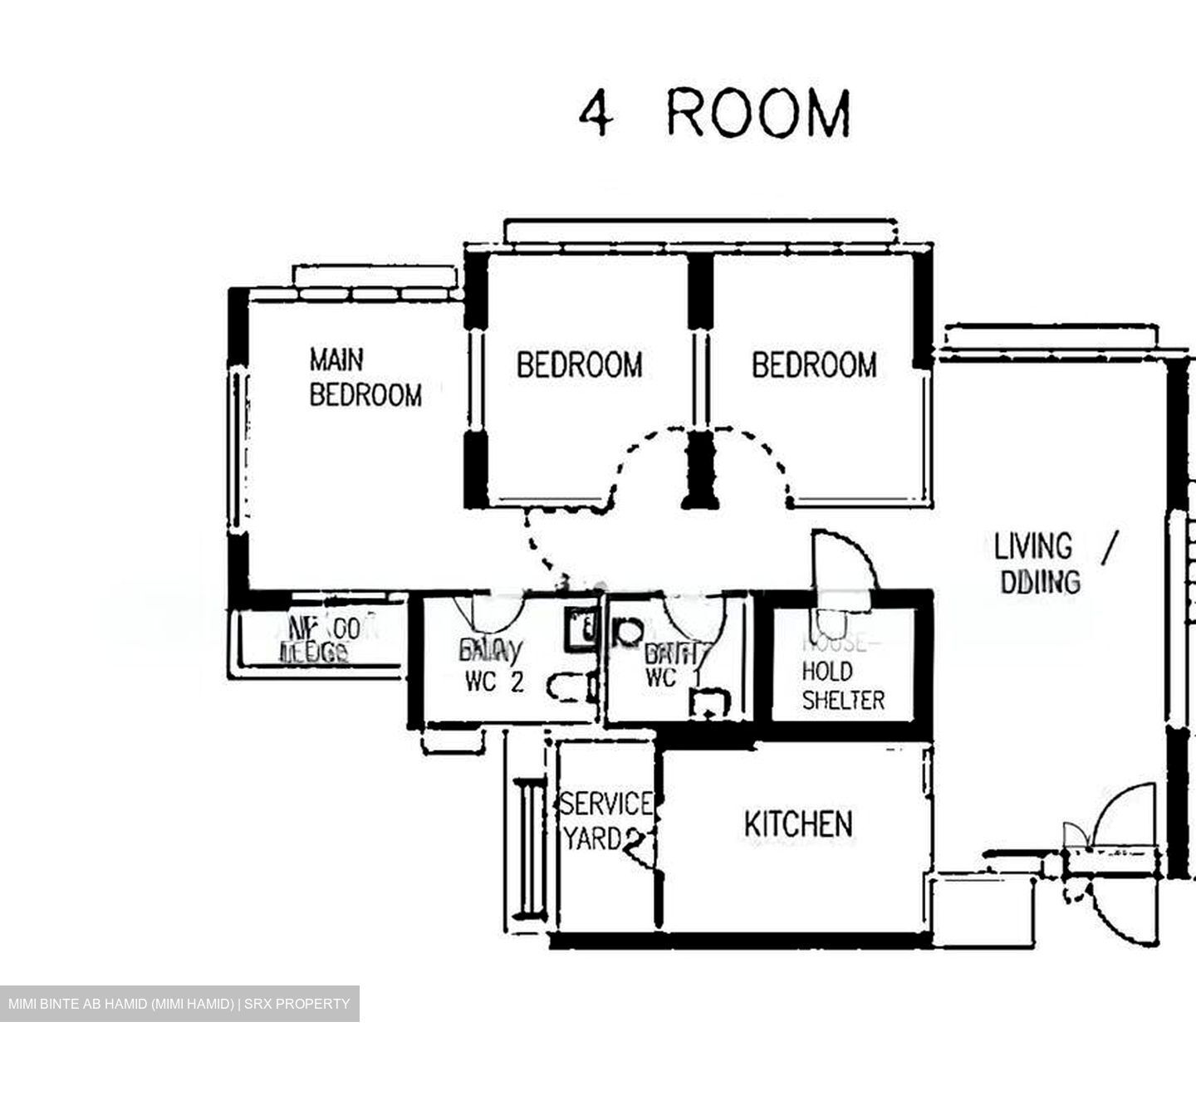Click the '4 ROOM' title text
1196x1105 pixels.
[x=714, y=114]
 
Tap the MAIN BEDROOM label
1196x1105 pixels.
[x=365, y=378]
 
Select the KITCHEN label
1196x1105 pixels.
[x=797, y=824]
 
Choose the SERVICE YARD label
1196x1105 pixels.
[x=605, y=821]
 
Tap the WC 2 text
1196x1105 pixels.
[x=494, y=682]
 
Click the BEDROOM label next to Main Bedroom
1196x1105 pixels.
[x=579, y=365]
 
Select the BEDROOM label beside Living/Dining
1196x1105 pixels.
[x=814, y=365]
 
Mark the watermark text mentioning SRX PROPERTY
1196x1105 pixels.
[x=179, y=1004]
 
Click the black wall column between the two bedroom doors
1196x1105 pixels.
[x=700, y=469]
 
